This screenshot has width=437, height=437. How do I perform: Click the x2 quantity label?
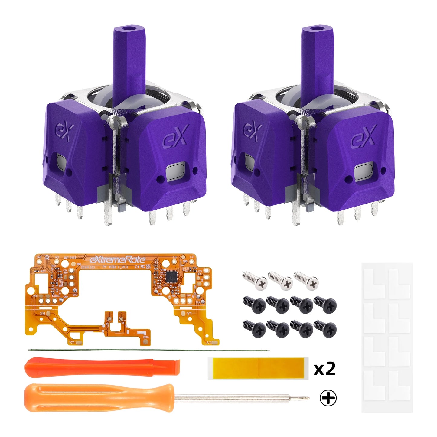[324, 369]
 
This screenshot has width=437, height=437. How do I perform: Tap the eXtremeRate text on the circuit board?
[118, 259]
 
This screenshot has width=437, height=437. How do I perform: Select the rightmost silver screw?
[307, 280]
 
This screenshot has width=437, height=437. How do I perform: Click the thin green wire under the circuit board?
[148, 351]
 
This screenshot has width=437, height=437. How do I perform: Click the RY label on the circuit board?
[72, 342]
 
